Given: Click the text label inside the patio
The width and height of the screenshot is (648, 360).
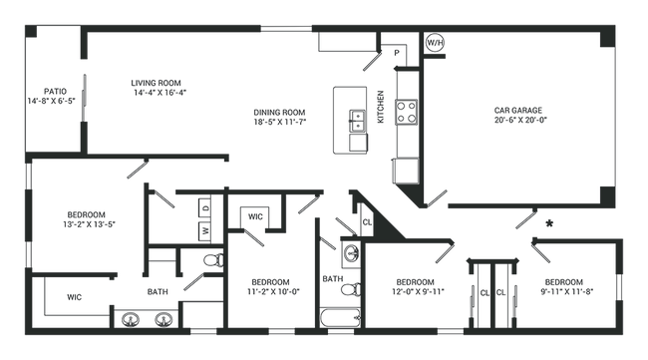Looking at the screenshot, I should pyautogui.click(x=56, y=95).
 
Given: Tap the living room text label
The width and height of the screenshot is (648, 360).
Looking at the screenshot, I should pyautogui.click(x=158, y=87).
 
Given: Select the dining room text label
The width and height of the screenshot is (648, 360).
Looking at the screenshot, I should pyautogui.click(x=277, y=118).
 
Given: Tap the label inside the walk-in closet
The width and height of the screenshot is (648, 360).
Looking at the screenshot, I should pyautogui.click(x=75, y=296).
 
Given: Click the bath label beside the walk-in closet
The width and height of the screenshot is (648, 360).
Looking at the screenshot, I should pyautogui.click(x=155, y=292).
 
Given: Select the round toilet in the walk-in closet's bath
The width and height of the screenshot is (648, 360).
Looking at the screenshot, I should pyautogui.click(x=211, y=262).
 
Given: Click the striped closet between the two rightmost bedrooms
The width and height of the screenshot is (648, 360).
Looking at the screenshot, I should pyautogui.click(x=493, y=288).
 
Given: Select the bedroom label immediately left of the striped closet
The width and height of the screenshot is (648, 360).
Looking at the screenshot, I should pyautogui.click(x=411, y=285).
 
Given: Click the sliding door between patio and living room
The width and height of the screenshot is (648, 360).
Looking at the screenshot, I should pyautogui.click(x=81, y=96).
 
